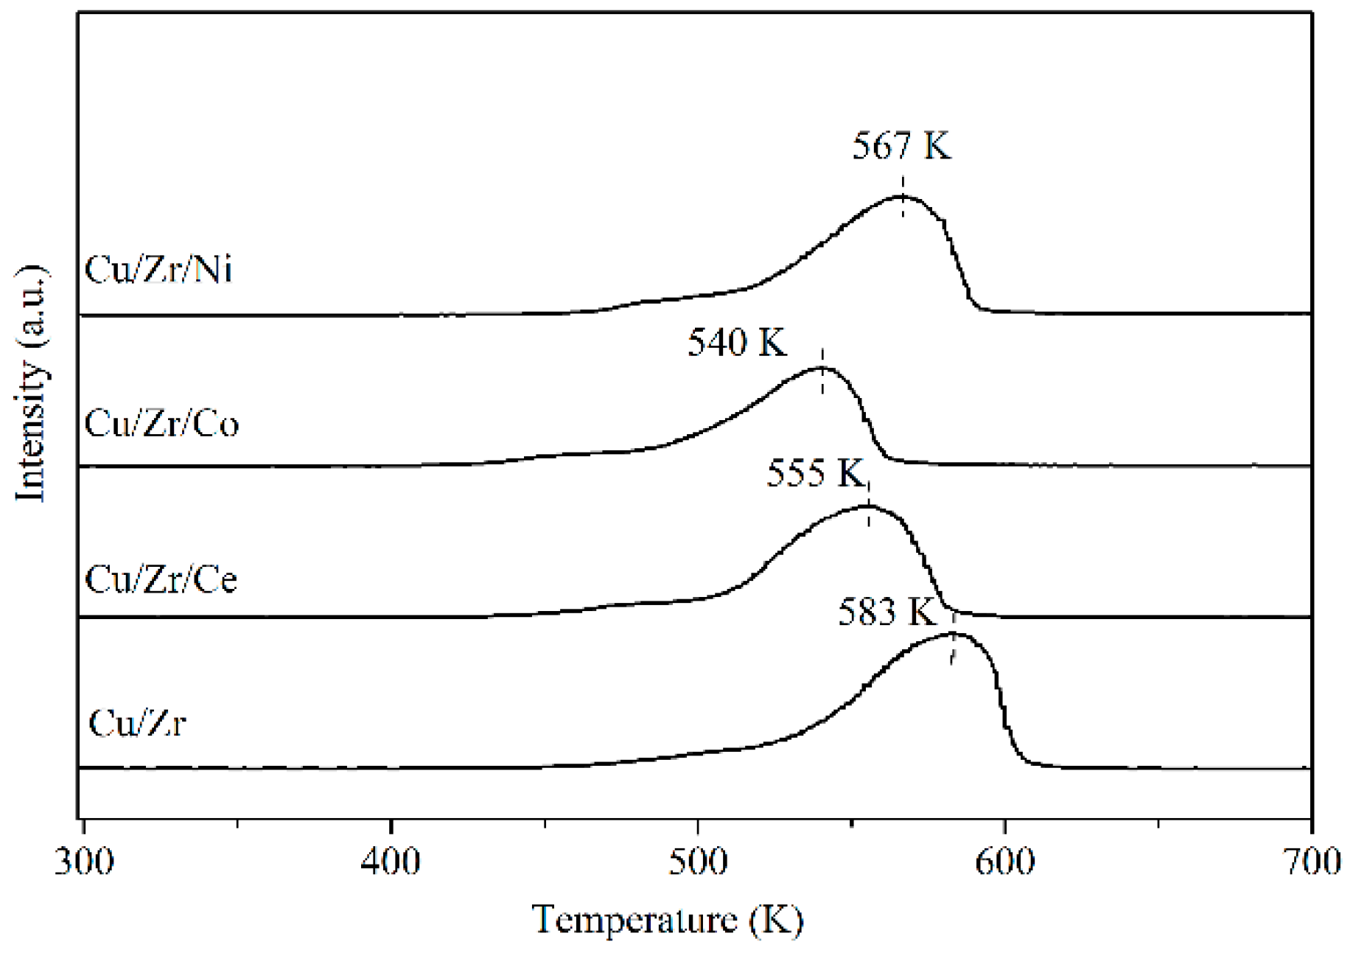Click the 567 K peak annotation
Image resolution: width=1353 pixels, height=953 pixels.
tap(901, 146)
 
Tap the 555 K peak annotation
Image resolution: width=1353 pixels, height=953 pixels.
tap(815, 473)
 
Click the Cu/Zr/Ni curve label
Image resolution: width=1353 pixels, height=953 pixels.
tap(158, 270)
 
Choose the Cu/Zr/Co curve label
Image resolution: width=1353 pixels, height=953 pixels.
tap(161, 425)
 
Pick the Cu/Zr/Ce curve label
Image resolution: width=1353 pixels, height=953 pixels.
tap(161, 580)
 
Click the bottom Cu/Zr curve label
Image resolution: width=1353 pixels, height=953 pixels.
tap(136, 723)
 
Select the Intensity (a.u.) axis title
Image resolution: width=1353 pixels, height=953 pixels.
tap(31, 383)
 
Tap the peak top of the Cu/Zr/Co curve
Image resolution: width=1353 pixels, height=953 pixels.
tap(821, 367)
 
